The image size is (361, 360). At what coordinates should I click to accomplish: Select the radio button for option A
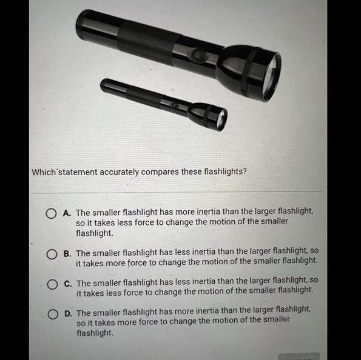pos(51,213)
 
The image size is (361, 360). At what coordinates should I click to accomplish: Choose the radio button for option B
pos(52,254)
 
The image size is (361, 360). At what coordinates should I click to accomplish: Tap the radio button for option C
pos(53,284)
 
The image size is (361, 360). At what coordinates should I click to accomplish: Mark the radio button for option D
pos(53,314)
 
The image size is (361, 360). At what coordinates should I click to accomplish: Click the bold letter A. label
pos(67,213)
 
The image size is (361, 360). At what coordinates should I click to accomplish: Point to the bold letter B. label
pos(67,254)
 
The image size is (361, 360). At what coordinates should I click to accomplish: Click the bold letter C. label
pos(68,284)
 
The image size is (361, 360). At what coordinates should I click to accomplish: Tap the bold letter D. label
pos(68,313)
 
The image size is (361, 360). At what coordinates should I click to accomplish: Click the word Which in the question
pos(44,172)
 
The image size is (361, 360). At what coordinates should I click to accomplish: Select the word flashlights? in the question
pos(225,172)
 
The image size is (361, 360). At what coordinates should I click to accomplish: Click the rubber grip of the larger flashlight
pos(149,44)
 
